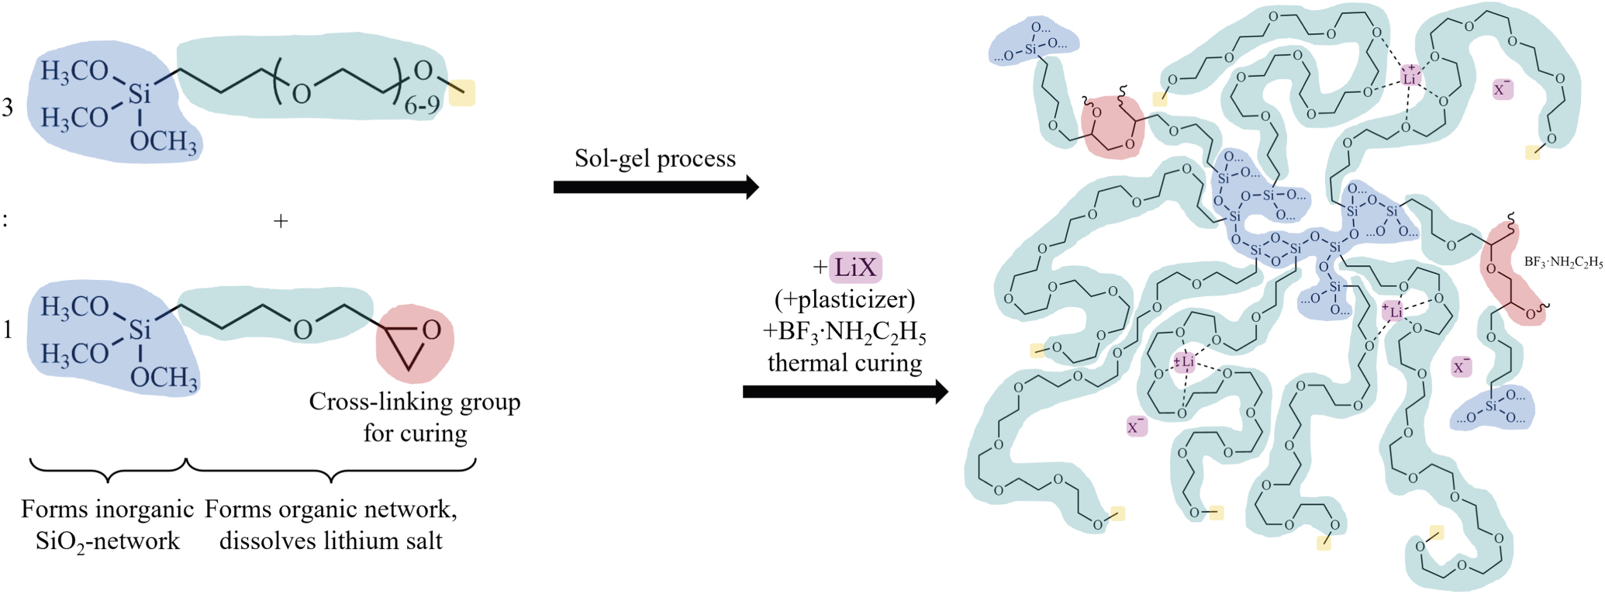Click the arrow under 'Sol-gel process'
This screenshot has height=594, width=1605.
pyautogui.click(x=655, y=187)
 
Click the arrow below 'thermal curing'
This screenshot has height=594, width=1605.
pyautogui.click(x=845, y=392)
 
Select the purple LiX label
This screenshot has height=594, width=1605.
pyautogui.click(x=855, y=268)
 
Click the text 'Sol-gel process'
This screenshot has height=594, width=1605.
pyautogui.click(x=655, y=158)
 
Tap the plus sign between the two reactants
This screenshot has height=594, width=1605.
pyautogui.click(x=281, y=221)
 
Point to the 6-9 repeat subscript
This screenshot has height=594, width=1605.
pyautogui.click(x=422, y=105)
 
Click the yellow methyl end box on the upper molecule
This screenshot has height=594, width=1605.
pyautogui.click(x=462, y=93)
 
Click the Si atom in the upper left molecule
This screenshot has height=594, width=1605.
pyautogui.click(x=140, y=95)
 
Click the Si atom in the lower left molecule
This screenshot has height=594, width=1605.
pyautogui.click(x=140, y=330)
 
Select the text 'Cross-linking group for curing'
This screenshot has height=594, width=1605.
pyautogui.click(x=415, y=416)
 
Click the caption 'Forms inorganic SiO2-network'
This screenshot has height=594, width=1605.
pyautogui.click(x=107, y=525)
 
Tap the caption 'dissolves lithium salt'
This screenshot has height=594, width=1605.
pyautogui.click(x=331, y=540)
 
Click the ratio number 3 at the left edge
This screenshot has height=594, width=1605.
pyautogui.click(x=8, y=108)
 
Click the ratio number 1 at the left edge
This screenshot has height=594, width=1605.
pyautogui.click(x=8, y=331)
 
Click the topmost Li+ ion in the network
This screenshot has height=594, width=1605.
pyautogui.click(x=1410, y=77)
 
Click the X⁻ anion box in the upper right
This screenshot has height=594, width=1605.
pyautogui.click(x=1502, y=88)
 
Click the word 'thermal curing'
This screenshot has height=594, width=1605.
pyautogui.click(x=845, y=363)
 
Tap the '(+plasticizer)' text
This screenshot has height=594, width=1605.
pyautogui.click(x=845, y=299)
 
